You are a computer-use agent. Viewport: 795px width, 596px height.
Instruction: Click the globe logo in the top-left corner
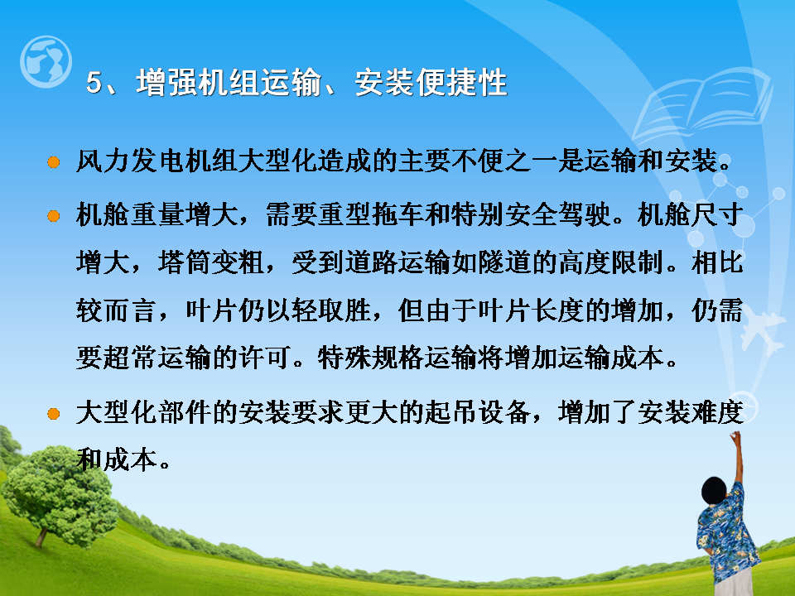[46, 62]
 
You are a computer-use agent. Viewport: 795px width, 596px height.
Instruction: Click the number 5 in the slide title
[94, 82]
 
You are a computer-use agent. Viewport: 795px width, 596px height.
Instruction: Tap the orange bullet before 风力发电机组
[53, 162]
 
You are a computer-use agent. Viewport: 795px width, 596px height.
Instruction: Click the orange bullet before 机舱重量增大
[53, 216]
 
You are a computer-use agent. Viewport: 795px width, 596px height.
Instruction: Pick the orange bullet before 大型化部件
[53, 414]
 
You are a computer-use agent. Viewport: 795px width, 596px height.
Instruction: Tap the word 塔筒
[184, 262]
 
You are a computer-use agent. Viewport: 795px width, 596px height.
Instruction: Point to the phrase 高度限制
[611, 262]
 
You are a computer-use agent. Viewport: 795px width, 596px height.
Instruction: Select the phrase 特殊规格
[371, 358]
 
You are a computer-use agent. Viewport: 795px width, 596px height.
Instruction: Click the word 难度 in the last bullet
[716, 412]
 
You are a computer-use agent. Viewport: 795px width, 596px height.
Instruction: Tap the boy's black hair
[714, 490]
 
